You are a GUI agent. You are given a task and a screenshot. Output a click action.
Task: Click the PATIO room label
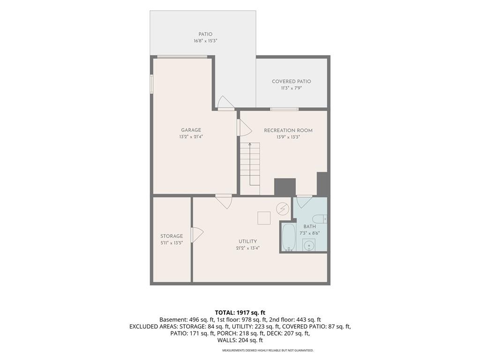[205, 34]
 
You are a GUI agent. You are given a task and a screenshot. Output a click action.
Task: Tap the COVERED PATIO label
[292, 82]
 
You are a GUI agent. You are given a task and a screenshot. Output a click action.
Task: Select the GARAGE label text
[191, 130]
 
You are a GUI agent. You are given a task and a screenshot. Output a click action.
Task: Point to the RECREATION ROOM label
[288, 130]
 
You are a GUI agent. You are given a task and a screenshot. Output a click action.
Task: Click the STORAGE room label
[172, 236]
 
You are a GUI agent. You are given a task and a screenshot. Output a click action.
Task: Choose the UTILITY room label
[247, 241]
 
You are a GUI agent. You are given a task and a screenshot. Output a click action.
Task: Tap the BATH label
[309, 226]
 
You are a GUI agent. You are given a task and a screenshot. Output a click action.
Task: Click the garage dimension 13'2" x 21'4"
[191, 137]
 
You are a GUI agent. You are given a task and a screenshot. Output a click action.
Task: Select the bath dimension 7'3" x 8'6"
[309, 233]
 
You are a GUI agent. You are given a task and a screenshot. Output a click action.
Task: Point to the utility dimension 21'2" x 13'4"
[247, 248]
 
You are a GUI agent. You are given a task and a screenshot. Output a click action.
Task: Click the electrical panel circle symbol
[283, 209]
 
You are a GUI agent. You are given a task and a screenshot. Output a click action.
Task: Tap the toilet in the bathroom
[320, 219]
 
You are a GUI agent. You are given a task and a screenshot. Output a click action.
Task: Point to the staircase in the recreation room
[250, 168]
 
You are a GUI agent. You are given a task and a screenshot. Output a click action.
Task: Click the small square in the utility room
[263, 218]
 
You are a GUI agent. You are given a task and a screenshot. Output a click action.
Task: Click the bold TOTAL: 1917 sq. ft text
[240, 313]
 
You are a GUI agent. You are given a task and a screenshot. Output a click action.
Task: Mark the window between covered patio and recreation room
[284, 109]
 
